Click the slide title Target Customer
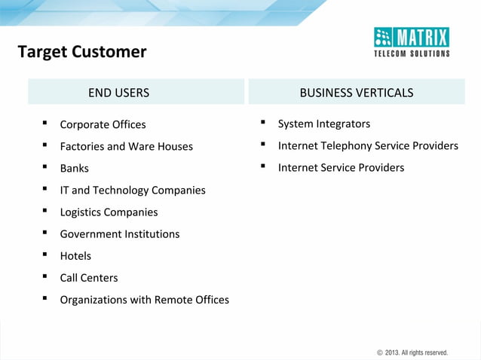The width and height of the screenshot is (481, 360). click(81, 52)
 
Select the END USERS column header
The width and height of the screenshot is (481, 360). click(118, 93)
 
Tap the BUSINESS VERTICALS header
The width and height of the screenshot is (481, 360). click(356, 93)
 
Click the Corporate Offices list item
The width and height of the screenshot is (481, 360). click(103, 124)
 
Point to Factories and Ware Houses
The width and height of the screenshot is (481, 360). click(126, 146)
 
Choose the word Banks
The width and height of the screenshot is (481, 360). click(74, 168)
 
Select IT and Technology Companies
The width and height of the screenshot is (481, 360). click(132, 190)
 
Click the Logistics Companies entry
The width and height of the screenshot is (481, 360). click(109, 212)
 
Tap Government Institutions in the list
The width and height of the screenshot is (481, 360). click(119, 233)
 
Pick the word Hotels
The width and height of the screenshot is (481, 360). click(75, 255)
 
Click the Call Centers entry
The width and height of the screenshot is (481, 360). click(89, 277)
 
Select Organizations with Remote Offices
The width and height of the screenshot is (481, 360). click(144, 299)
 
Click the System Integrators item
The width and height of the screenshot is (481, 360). click(323, 124)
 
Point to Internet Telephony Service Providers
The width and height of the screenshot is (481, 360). click(367, 145)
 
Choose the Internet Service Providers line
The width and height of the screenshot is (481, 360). click(341, 167)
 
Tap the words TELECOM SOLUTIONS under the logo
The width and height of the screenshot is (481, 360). click(412, 53)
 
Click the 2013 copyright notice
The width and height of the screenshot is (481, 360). click(412, 352)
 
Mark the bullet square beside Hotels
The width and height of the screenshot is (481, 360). click(45, 255)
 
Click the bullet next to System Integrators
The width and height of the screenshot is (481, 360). click(263, 122)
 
